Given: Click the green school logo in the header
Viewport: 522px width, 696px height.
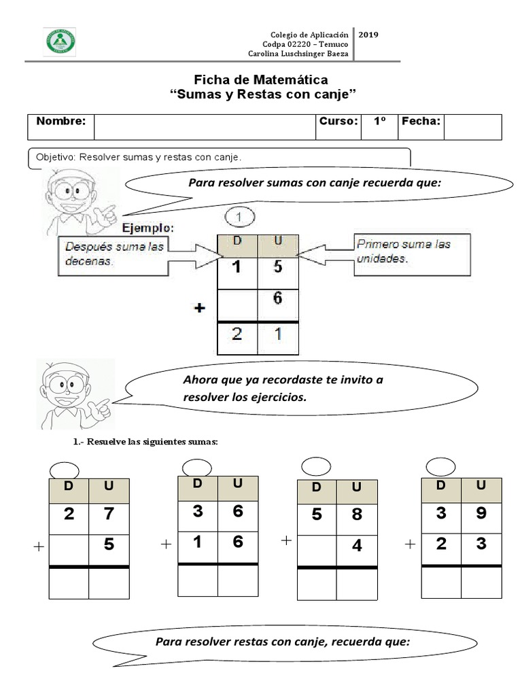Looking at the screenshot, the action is [x=59, y=41].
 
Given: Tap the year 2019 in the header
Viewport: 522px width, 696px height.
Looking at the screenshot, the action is [x=368, y=34].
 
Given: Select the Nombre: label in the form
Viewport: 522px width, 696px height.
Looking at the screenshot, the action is [x=60, y=122].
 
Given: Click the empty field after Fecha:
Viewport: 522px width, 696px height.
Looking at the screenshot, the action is [x=472, y=126].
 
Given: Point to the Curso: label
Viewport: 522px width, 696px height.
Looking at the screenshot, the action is [x=338, y=122].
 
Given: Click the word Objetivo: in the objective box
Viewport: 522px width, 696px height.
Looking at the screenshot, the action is [x=56, y=157].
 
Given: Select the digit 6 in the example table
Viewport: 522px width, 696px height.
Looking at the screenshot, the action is [x=277, y=298].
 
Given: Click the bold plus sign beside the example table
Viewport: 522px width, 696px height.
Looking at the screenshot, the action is [x=199, y=308].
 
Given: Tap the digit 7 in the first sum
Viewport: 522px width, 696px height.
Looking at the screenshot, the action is [x=109, y=514].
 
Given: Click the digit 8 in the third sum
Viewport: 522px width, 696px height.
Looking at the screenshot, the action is [x=358, y=515].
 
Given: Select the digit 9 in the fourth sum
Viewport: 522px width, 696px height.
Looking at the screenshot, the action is [x=481, y=513].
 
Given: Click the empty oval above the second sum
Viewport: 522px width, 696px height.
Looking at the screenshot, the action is [x=197, y=467].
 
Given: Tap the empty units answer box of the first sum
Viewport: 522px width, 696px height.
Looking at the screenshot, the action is [x=109, y=582].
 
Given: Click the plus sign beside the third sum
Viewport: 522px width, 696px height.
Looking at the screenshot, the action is [x=286, y=540].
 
